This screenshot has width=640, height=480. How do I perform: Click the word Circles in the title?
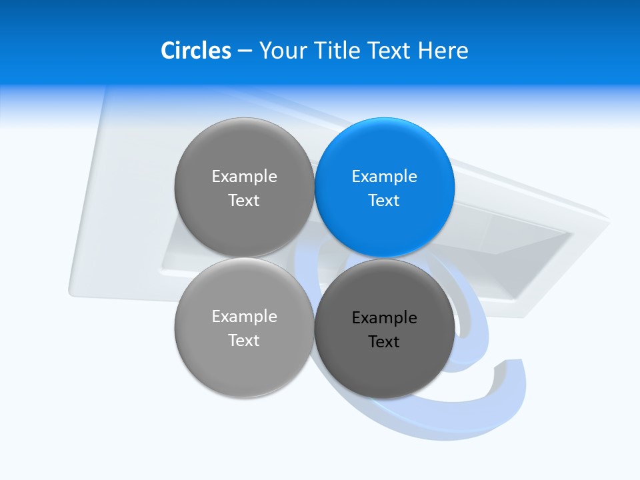(195, 51)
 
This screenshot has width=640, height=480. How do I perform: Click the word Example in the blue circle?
(384, 176)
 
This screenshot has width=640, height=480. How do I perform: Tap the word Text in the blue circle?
(384, 200)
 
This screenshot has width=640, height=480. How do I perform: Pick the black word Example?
(384, 317)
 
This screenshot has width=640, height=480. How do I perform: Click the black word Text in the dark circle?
(384, 341)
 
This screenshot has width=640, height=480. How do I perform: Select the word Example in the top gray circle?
(244, 176)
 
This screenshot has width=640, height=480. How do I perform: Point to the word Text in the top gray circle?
(244, 200)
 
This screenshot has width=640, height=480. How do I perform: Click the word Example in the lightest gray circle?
(244, 316)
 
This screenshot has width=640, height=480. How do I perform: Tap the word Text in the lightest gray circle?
(244, 340)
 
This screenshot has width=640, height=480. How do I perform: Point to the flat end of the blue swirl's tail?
(513, 364)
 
